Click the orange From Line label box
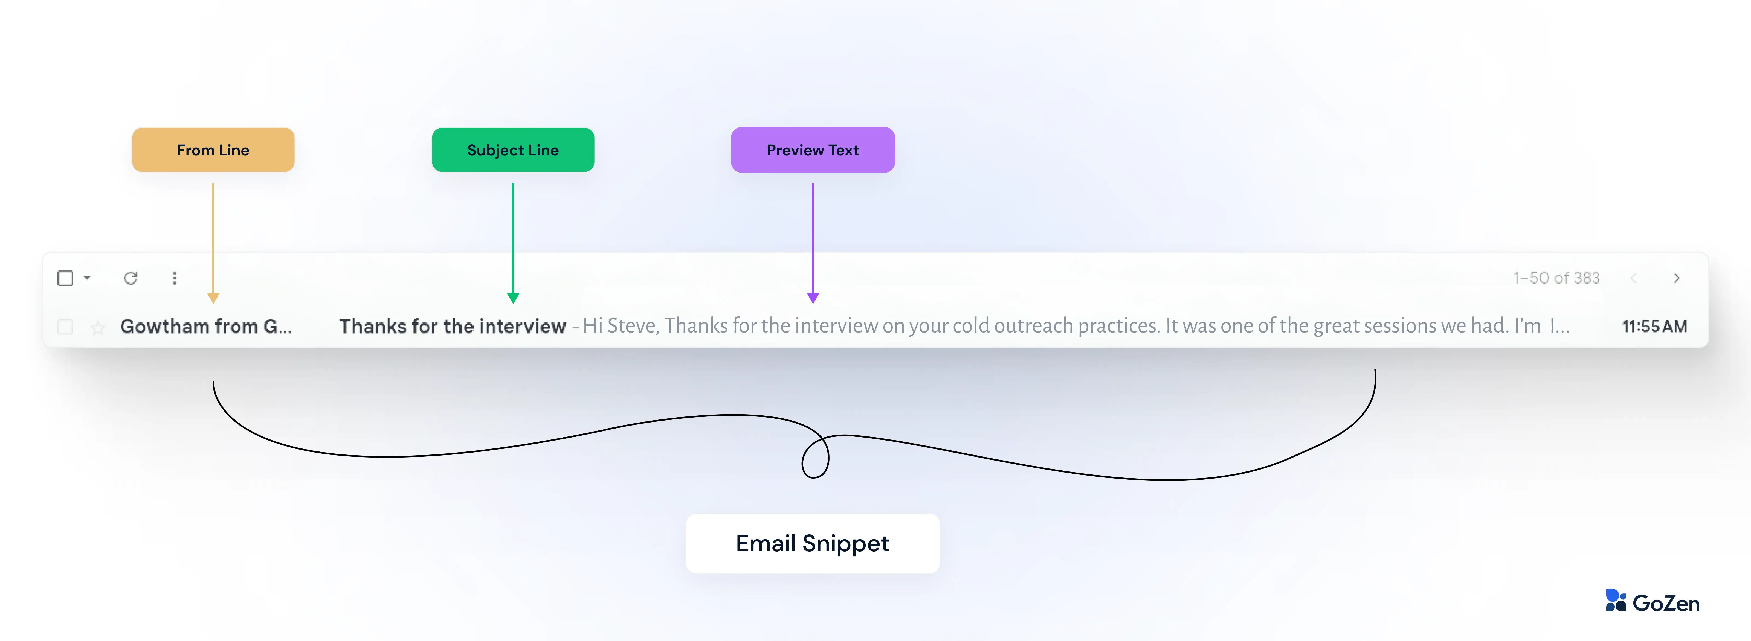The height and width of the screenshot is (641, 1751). click(213, 150)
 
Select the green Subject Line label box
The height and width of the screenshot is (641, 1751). click(512, 150)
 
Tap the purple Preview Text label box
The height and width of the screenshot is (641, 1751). click(812, 150)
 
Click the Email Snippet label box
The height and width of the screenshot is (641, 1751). click(812, 543)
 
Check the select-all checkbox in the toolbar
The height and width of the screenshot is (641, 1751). click(65, 278)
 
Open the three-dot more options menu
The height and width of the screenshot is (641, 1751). click(175, 278)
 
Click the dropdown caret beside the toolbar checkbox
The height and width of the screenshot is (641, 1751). click(87, 278)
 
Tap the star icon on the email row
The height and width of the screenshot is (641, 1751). click(98, 328)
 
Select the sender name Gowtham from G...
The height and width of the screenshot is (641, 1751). click(205, 326)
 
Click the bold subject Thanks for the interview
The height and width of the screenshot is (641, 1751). click(452, 326)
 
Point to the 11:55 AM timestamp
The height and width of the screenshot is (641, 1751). click(1654, 326)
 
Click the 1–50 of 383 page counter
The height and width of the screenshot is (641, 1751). click(1556, 278)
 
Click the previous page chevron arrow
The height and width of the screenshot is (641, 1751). click(1633, 278)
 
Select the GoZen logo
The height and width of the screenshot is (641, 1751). click(1652, 602)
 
